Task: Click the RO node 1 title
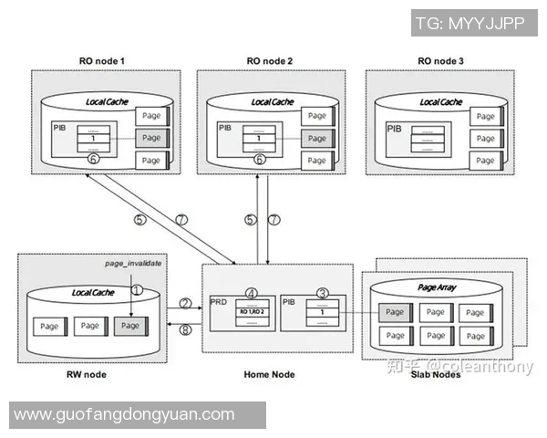102,60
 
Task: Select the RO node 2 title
270,60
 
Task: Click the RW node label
88,374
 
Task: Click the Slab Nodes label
437,374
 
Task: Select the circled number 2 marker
185,304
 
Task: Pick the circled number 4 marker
253,293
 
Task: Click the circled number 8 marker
185,329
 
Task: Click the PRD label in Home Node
218,301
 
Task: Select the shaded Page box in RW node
130,325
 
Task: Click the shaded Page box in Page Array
395,312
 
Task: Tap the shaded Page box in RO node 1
151,138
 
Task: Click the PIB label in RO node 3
394,129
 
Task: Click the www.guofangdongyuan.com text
124,414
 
